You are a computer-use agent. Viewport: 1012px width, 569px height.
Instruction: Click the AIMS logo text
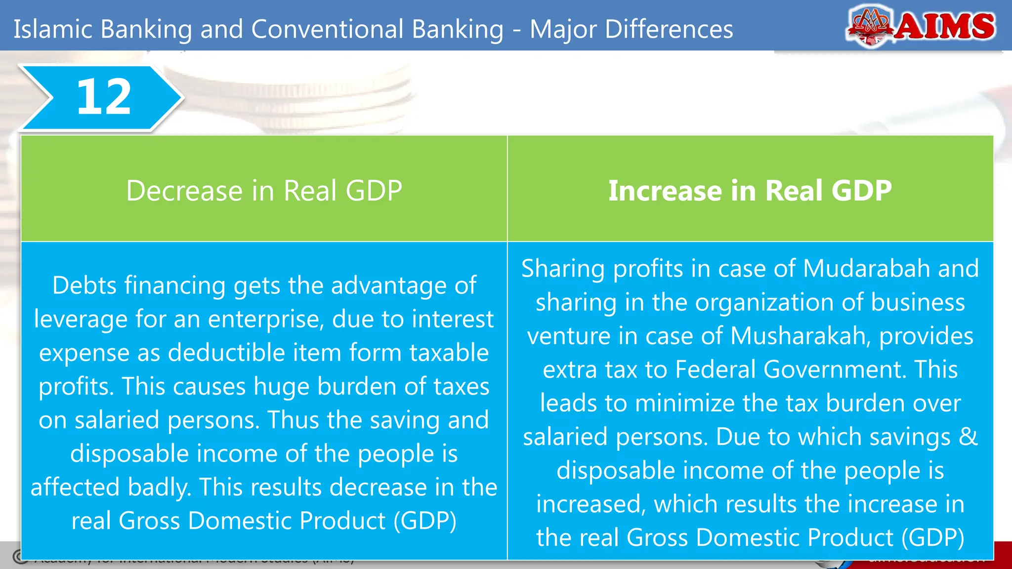tap(945, 26)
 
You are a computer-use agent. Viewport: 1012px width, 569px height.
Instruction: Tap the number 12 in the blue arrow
tap(104, 97)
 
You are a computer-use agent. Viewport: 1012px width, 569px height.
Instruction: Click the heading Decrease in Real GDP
tap(264, 191)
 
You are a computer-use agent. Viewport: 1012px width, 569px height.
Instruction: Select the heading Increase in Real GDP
tap(750, 191)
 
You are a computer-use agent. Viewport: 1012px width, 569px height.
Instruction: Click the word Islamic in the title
tap(53, 29)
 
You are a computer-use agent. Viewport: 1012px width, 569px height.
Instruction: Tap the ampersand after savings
tap(968, 437)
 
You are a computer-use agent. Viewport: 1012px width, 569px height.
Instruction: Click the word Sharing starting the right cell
tap(563, 269)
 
